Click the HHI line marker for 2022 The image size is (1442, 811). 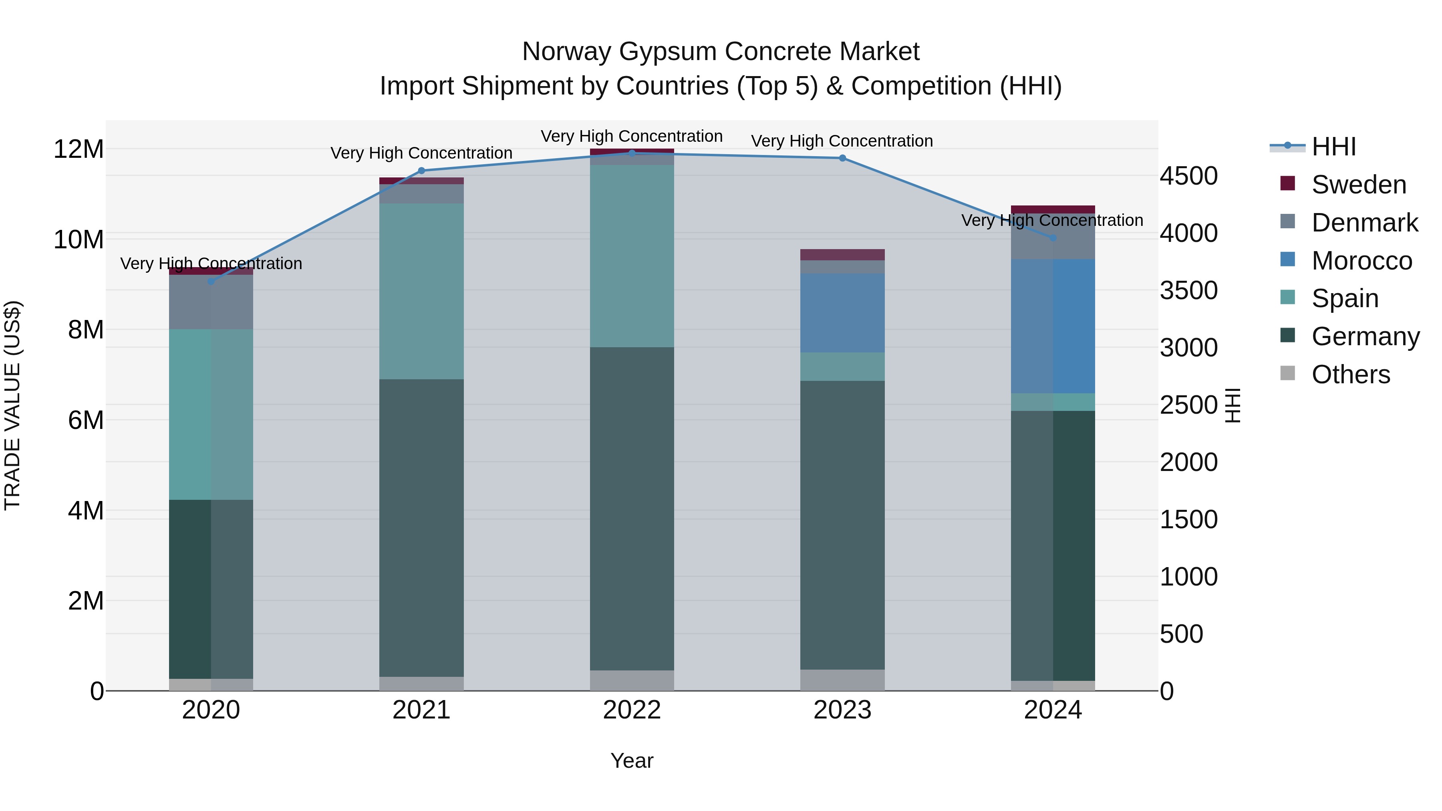pos(632,153)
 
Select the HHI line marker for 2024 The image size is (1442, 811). pos(1053,238)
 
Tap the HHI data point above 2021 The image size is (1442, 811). pos(421,171)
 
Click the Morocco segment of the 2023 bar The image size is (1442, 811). pos(842,312)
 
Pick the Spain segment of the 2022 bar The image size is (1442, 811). pos(632,256)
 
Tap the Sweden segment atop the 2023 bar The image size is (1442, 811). pos(842,255)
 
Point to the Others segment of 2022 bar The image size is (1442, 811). pos(632,680)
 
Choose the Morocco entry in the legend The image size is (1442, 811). pos(1361,261)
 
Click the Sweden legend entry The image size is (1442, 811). pos(1359,185)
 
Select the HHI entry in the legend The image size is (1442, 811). pos(1333,147)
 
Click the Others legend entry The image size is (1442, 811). pos(1350,374)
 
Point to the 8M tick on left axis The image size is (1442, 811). pos(86,330)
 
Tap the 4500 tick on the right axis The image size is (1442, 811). pos(1188,176)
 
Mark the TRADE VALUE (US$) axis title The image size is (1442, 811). pos(12,405)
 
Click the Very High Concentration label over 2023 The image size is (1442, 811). pos(842,141)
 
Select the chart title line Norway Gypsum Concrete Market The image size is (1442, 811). pos(721,52)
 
